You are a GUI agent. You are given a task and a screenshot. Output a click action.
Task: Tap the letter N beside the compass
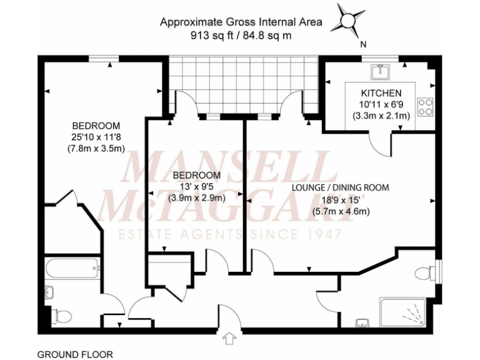(x=363, y=44)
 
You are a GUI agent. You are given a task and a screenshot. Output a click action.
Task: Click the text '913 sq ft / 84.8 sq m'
(x=241, y=36)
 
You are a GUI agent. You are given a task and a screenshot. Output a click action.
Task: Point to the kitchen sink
(x=380, y=73)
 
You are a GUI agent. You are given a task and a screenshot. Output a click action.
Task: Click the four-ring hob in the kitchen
(x=426, y=106)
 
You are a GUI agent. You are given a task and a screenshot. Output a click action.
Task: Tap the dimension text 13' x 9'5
(x=197, y=186)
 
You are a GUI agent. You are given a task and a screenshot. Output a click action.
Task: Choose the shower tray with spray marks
(x=404, y=311)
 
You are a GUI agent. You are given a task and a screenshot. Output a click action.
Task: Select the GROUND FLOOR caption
(x=69, y=354)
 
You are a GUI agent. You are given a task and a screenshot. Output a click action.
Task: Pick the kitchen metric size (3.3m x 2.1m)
(x=381, y=116)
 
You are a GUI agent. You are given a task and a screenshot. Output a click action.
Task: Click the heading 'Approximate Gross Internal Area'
(x=241, y=22)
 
